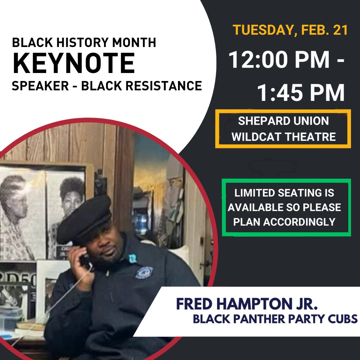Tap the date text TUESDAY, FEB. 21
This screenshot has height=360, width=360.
pyautogui.click(x=290, y=30)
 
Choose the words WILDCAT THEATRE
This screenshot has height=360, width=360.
pyautogui.click(x=283, y=137)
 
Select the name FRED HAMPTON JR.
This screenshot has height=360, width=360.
pyautogui.click(x=247, y=304)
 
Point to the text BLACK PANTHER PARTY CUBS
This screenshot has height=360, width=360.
pyautogui.click(x=275, y=319)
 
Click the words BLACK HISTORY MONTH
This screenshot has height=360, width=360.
pyautogui.click(x=84, y=43)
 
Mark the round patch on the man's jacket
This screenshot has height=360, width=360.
pyautogui.click(x=144, y=272)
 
